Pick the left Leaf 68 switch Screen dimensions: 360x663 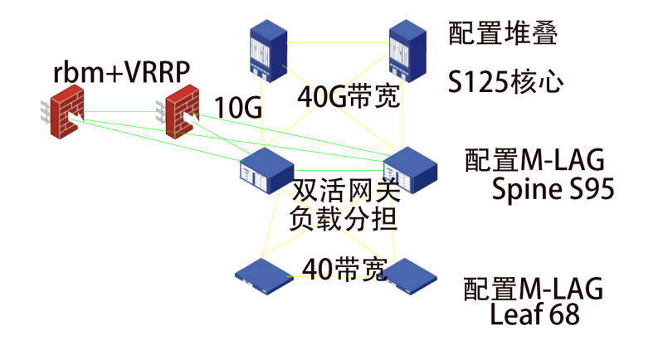click(x=264, y=275)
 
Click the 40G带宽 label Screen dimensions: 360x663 click(x=349, y=97)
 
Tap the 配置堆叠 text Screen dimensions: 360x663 click(x=501, y=33)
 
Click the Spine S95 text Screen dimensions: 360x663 click(x=553, y=190)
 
